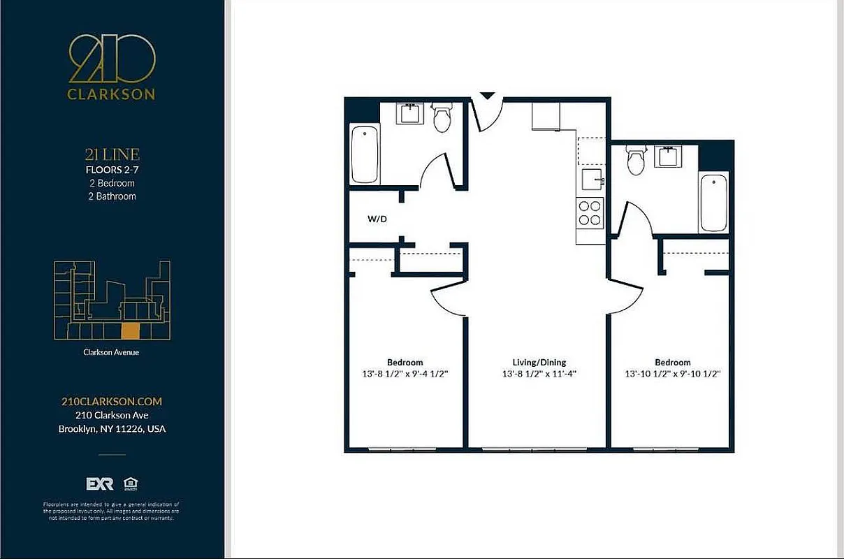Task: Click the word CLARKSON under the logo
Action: pos(112,94)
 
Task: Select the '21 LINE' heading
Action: pos(112,155)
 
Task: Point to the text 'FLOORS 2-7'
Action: pos(111,170)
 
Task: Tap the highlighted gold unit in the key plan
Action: pos(131,331)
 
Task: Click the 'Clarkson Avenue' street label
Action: pos(111,353)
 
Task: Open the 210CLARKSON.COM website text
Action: pos(112,402)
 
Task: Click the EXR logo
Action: pos(99,484)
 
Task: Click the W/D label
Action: pos(377,219)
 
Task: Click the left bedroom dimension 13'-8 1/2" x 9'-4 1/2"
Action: pos(405,374)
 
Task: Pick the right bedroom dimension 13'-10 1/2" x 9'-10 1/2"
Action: pos(672,374)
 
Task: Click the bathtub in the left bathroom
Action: pos(365,154)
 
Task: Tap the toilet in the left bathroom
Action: pos(442,118)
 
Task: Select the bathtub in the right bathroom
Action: pos(713,203)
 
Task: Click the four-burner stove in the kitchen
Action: pos(590,212)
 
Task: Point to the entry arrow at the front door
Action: pos(487,95)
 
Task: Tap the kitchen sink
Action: pos(592,178)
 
